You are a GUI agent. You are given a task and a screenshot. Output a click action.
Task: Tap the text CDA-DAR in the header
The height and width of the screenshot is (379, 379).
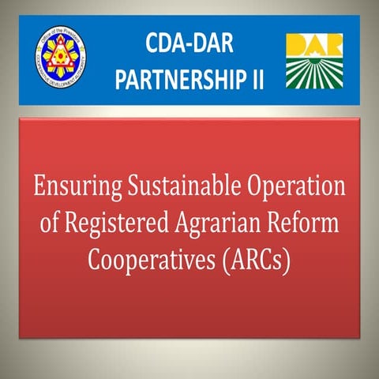click(x=189, y=44)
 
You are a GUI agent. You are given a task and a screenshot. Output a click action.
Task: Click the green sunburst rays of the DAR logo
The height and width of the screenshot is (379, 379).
click(x=315, y=73)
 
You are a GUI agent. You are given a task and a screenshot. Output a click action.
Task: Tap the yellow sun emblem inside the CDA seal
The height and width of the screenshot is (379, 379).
click(x=65, y=58)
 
